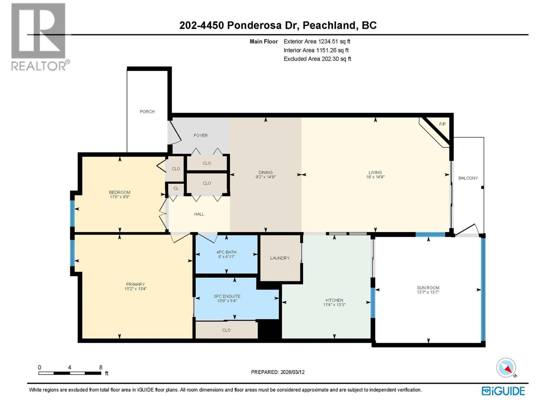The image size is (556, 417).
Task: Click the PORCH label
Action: click(147, 112)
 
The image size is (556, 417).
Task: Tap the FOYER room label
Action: click(201, 136)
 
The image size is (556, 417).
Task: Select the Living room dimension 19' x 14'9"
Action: click(375, 177)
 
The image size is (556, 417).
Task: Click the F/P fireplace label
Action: click(442, 124)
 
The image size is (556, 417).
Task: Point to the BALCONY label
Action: click(468, 178)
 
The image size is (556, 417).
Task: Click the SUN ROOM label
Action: click(428, 288)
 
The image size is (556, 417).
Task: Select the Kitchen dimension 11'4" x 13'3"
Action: click(334, 305)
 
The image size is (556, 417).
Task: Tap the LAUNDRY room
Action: click(280, 258)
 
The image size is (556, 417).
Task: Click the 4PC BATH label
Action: click(226, 252)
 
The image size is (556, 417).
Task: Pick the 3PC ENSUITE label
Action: click(227, 296)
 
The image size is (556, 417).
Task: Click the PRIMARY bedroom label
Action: click(135, 284)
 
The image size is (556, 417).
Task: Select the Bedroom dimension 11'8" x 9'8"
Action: click(120, 197)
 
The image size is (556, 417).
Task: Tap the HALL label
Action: click(199, 214)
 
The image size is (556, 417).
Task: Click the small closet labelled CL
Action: click(176, 188)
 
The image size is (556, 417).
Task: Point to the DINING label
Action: click(265, 172)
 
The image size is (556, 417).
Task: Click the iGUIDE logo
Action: click(503, 391)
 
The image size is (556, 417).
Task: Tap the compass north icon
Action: click(506, 368)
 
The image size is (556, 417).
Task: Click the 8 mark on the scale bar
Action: click(101, 367)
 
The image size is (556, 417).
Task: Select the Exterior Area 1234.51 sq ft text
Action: click(317, 41)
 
